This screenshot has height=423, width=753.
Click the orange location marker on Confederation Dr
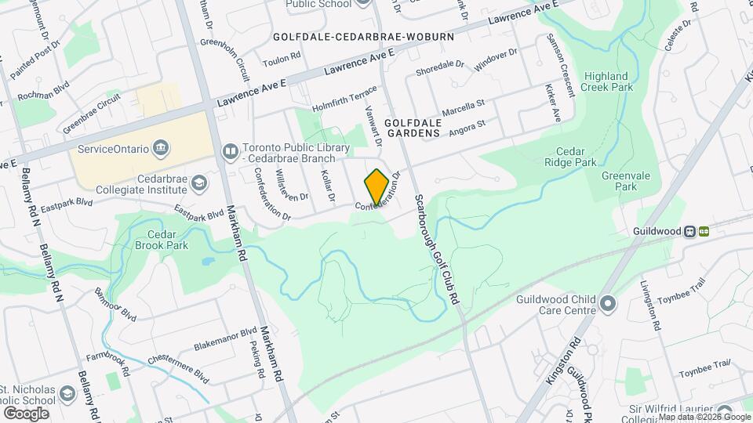376,186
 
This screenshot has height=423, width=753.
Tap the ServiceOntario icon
161,147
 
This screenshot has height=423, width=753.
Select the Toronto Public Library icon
230,150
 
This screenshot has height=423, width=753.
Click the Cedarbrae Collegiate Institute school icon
199,183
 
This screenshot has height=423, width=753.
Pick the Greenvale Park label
619,182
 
